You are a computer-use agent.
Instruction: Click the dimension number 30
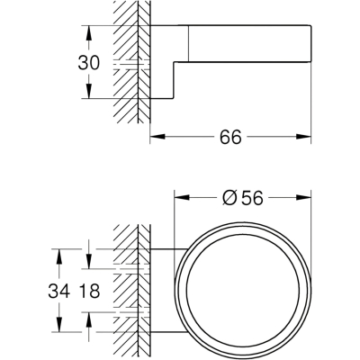pos(88,63)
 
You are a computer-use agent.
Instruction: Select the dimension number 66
pos(230,138)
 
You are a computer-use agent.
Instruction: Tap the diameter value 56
pos(252,198)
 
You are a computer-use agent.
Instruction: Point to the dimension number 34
pos(59,291)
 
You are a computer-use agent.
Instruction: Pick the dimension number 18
pos(88,291)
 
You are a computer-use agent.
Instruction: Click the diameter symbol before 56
pos(229,198)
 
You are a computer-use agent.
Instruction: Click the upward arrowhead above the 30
pos(88,33)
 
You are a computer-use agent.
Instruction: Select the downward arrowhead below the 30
pos(88,91)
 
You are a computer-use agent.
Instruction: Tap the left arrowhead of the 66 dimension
pos(157,137)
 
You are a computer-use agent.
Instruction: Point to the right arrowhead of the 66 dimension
pos(303,137)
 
